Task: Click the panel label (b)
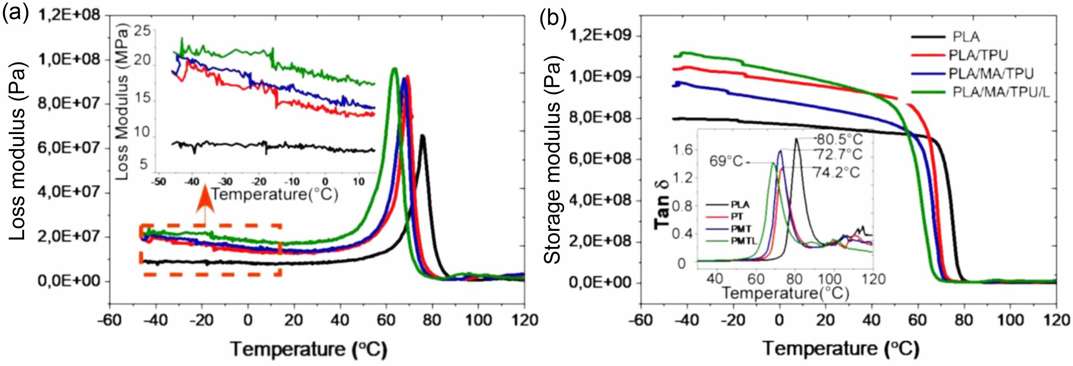coord(553,18)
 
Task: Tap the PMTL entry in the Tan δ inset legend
coord(744,241)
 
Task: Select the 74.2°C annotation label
coord(836,172)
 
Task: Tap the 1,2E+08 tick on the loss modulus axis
coord(69,15)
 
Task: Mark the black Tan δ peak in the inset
coord(796,139)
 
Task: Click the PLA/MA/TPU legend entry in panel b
coord(990,74)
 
